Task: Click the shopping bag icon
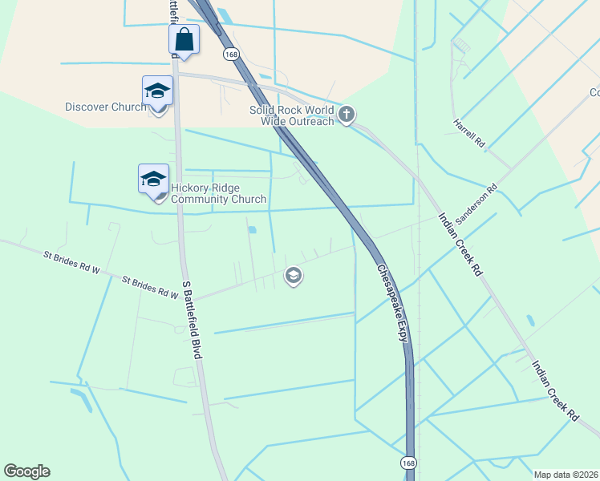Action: [x=184, y=39]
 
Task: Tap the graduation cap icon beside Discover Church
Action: [x=157, y=91]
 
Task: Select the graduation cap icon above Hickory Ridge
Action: [x=152, y=178]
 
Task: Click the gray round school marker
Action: [x=294, y=277]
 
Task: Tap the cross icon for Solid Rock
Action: [x=347, y=115]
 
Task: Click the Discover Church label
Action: [x=105, y=107]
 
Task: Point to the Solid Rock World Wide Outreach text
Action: [x=291, y=115]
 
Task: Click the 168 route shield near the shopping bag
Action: [x=231, y=54]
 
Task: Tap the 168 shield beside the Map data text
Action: [x=408, y=463]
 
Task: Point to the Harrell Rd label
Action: [x=470, y=135]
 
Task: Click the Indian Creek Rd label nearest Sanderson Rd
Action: [x=459, y=245]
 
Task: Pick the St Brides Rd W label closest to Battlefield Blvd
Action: [x=150, y=287]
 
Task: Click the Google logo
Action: [x=26, y=471]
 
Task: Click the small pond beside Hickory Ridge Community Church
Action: [x=253, y=230]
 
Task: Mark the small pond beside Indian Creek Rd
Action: [x=530, y=321]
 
